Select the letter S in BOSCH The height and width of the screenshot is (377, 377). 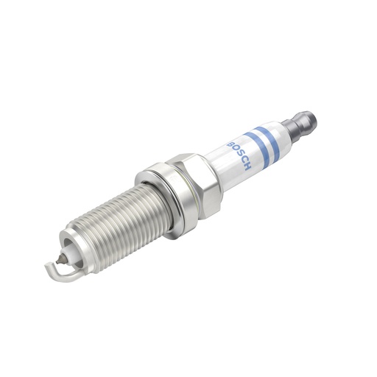click(241, 152)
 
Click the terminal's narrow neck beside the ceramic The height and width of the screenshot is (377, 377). click(290, 132)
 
